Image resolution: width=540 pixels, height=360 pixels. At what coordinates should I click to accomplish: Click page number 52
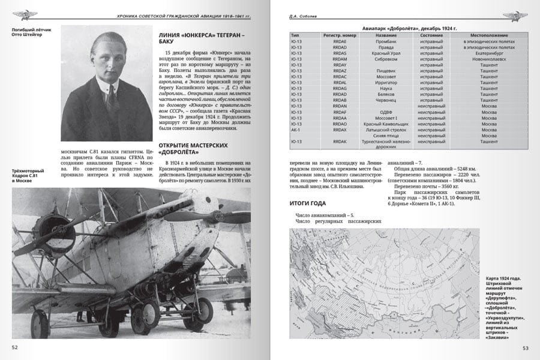pyautogui.click(x=15, y=347)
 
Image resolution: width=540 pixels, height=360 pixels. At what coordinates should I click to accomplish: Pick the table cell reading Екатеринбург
pyautogui.click(x=487, y=53)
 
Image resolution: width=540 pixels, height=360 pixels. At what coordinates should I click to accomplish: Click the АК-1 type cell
pyautogui.click(x=295, y=130)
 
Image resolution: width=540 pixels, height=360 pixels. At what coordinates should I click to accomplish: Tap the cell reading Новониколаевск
pyautogui.click(x=485, y=59)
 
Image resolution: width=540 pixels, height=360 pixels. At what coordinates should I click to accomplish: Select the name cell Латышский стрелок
pyautogui.click(x=386, y=130)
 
